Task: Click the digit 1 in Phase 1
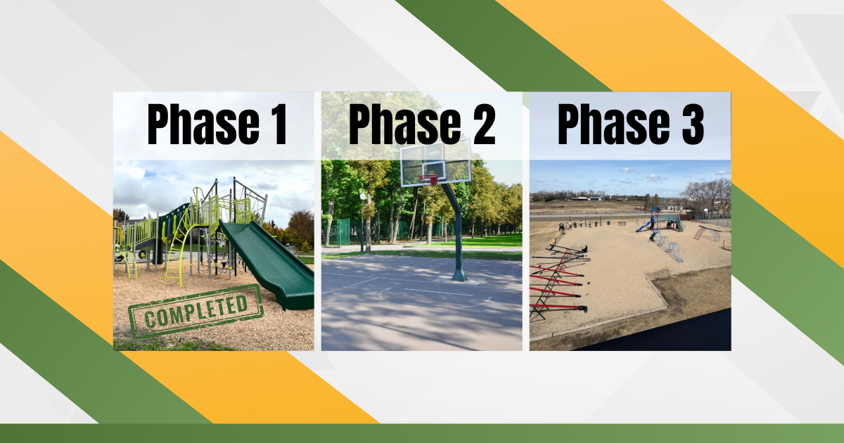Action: pyautogui.click(x=280, y=124)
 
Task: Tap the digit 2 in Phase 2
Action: pyautogui.click(x=482, y=124)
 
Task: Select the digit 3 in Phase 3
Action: pyautogui.click(x=691, y=124)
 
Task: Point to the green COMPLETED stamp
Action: pyautogui.click(x=196, y=311)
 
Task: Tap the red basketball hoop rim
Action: pyautogui.click(x=430, y=178)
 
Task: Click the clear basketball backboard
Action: pyautogui.click(x=435, y=162)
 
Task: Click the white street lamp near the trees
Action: pyautogui.click(x=362, y=196)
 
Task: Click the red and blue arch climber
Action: pyautogui.click(x=707, y=234)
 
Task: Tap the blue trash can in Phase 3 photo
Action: pyautogui.click(x=608, y=224)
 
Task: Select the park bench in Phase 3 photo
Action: pyautogui.click(x=622, y=224)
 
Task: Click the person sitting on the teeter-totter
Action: pyautogui.click(x=584, y=249)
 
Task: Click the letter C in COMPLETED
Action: pyautogui.click(x=150, y=320)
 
